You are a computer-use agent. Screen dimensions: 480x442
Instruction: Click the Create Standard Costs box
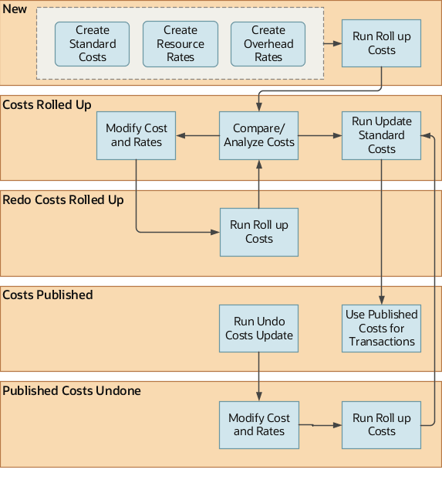(x=93, y=44)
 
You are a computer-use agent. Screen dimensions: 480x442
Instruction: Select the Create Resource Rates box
(x=181, y=44)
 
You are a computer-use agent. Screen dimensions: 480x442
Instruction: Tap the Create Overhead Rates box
(x=268, y=44)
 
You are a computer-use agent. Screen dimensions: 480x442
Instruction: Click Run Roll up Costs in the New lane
(x=381, y=43)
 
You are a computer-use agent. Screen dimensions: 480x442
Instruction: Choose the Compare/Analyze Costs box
(x=258, y=135)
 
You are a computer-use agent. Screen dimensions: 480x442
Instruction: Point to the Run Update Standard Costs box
(x=381, y=135)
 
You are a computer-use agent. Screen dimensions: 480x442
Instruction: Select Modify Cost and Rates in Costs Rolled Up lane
(x=137, y=135)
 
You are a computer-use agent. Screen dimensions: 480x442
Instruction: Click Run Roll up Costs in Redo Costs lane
(x=258, y=232)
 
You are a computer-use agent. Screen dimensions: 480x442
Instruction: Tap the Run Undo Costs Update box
(x=258, y=329)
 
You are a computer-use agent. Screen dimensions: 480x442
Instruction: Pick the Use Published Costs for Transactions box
(x=381, y=329)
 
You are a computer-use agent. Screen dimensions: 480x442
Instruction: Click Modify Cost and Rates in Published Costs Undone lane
(x=258, y=424)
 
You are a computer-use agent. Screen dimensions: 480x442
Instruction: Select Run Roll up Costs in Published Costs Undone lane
(x=381, y=424)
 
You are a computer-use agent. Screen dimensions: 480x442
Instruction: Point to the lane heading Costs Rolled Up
(x=47, y=104)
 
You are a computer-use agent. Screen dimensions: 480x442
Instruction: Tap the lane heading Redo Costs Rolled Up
(x=63, y=200)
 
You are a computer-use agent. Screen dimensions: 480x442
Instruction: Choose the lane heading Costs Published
(x=48, y=295)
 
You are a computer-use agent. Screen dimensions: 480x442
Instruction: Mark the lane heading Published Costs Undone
(x=72, y=391)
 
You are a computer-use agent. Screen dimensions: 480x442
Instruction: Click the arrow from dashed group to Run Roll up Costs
(x=333, y=44)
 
